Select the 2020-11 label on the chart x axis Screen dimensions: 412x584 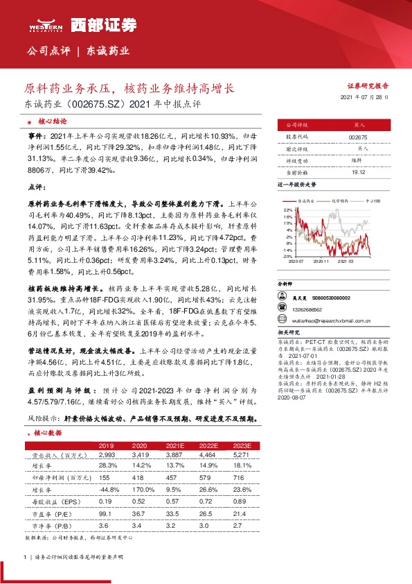point(321,261)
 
